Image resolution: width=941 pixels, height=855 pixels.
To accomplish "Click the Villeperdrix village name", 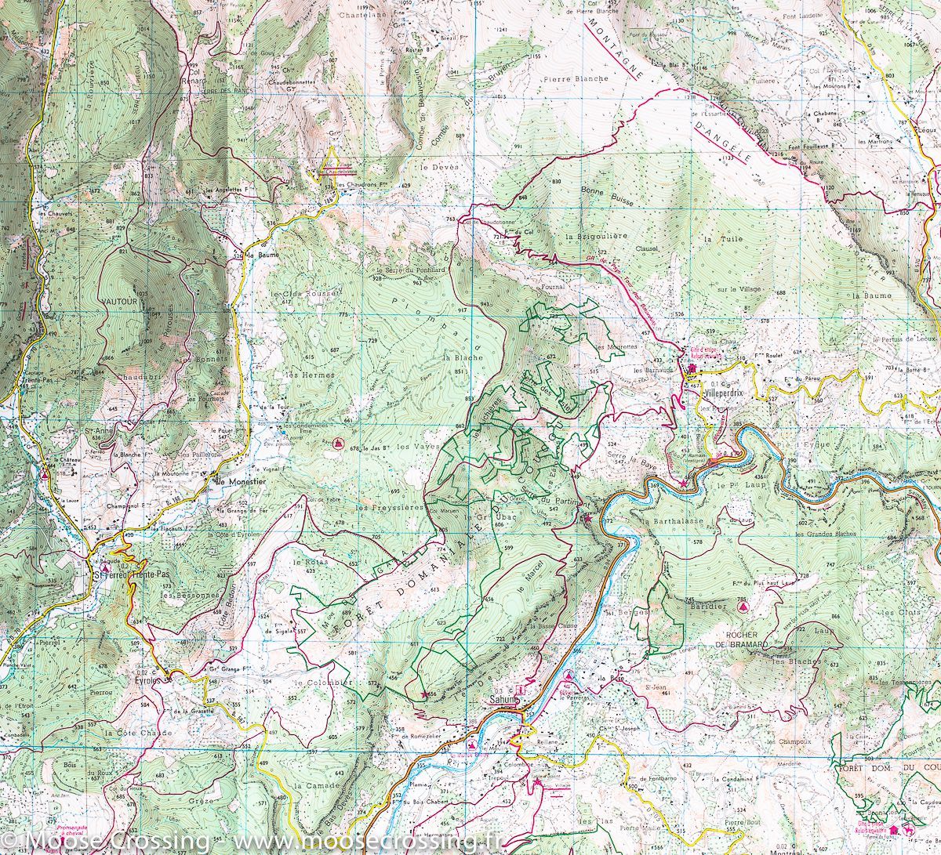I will (x=728, y=389).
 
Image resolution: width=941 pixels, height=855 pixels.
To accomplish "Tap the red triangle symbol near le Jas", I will (x=338, y=444).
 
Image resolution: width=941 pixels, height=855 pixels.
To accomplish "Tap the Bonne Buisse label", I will (x=601, y=190).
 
